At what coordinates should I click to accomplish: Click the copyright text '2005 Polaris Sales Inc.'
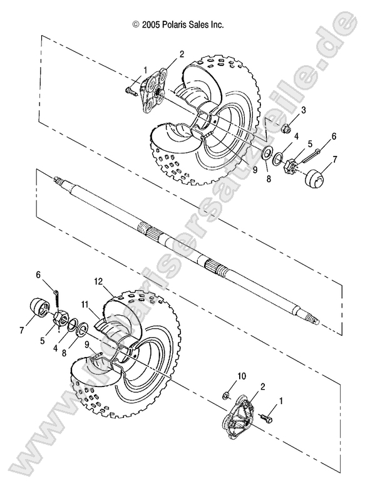(183, 25)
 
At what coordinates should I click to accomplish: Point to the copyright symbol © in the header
(136, 25)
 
